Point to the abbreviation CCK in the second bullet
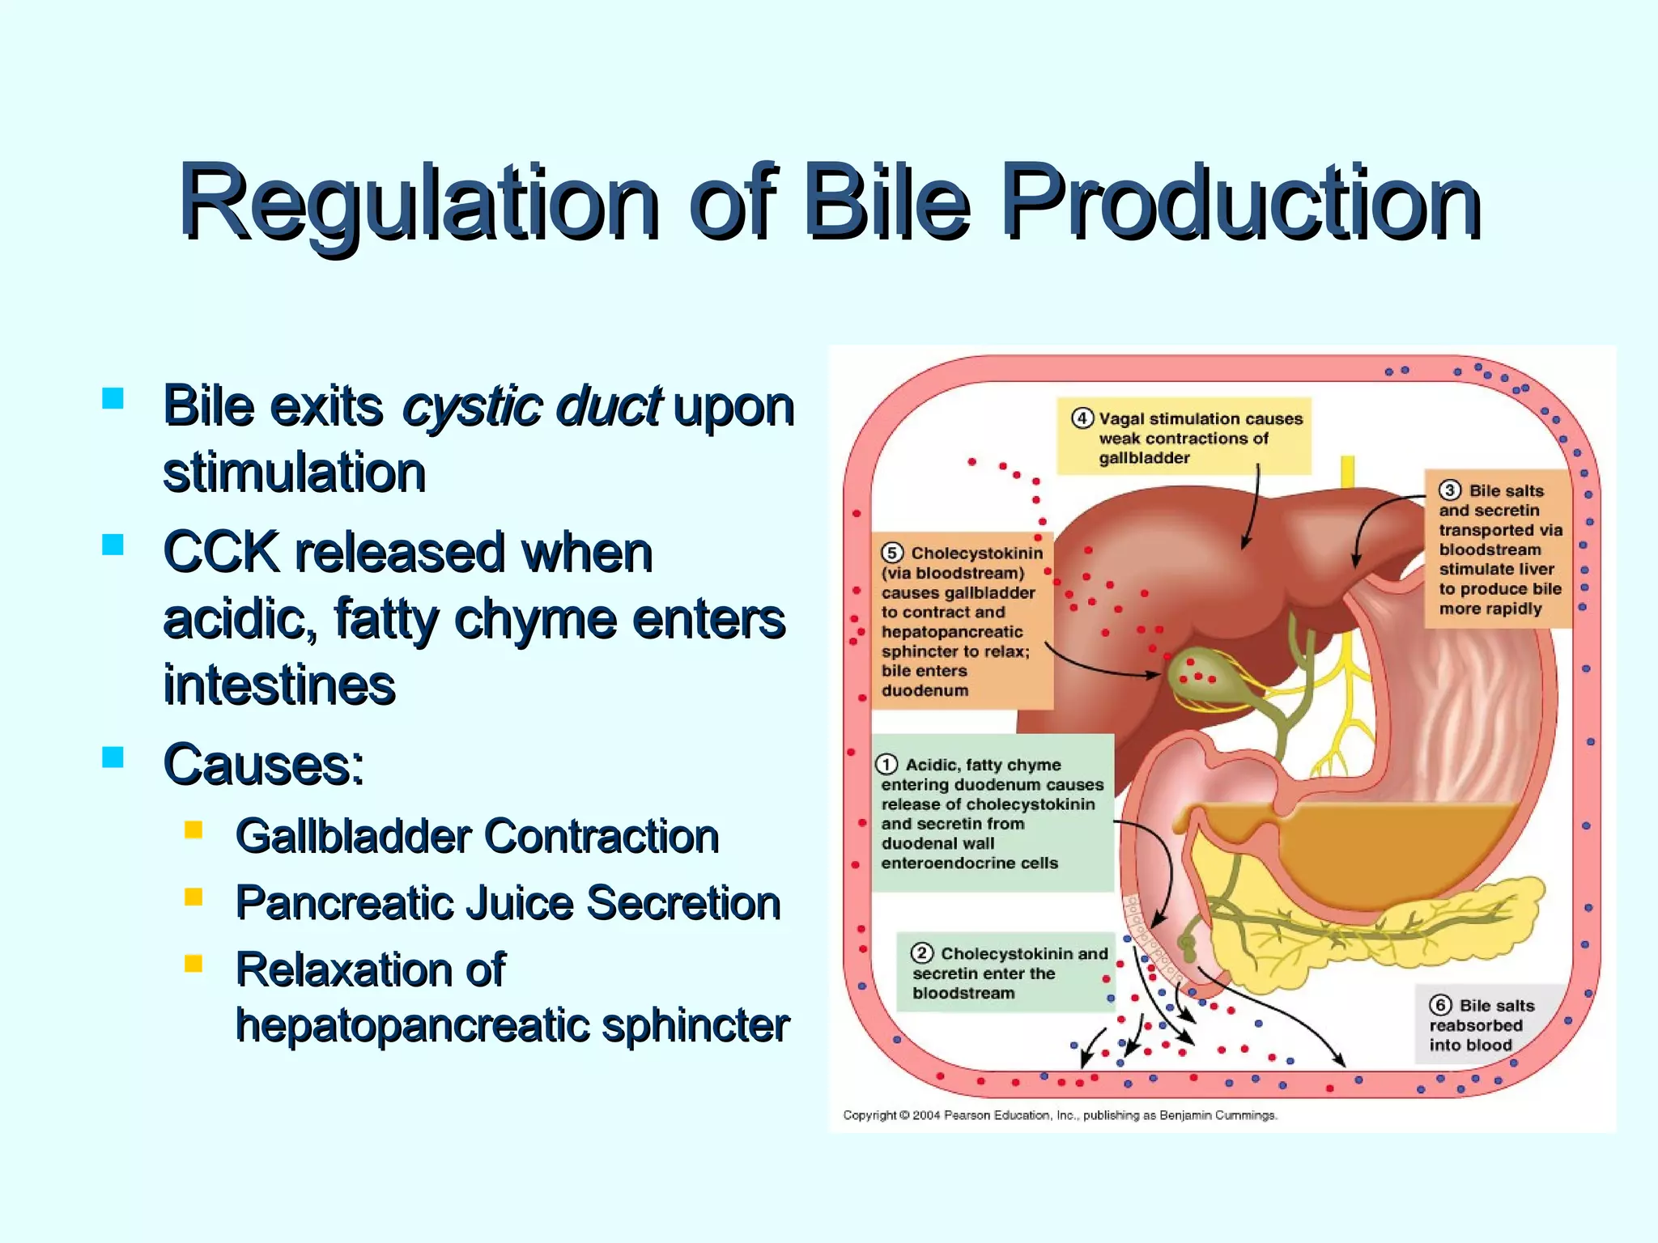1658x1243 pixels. tap(221, 553)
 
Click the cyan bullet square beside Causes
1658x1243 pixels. tap(113, 757)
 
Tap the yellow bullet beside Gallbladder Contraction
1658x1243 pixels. tap(193, 830)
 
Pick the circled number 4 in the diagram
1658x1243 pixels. tap(1082, 418)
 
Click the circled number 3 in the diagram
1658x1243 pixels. tap(1450, 490)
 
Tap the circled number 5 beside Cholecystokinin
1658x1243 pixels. tap(891, 553)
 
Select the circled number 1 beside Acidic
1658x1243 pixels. tap(887, 765)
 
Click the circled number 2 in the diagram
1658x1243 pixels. tap(922, 953)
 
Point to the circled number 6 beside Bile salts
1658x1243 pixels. tap(1440, 1005)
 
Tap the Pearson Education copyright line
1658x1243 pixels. tap(1060, 1115)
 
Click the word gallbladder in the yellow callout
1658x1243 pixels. tap(1144, 458)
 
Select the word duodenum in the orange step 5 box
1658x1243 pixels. tap(925, 691)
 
